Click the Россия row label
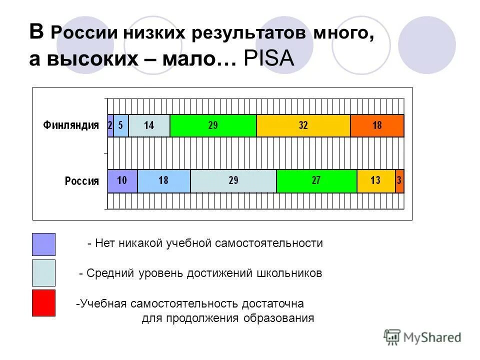(x=82, y=181)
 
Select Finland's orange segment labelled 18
(x=377, y=125)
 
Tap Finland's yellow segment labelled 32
(x=303, y=125)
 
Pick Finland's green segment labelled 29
(x=213, y=125)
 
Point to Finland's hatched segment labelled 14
(x=149, y=125)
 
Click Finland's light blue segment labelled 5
(x=121, y=125)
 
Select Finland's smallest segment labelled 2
(x=110, y=125)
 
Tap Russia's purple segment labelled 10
(x=122, y=181)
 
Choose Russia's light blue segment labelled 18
(x=163, y=181)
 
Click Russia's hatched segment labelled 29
(x=233, y=181)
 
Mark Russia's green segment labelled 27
(x=316, y=181)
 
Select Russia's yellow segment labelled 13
(x=376, y=181)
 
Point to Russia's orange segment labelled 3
(x=399, y=181)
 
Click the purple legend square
(x=43, y=244)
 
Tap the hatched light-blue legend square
(x=43, y=273)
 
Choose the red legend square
(x=43, y=303)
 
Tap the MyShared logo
(x=422, y=337)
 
